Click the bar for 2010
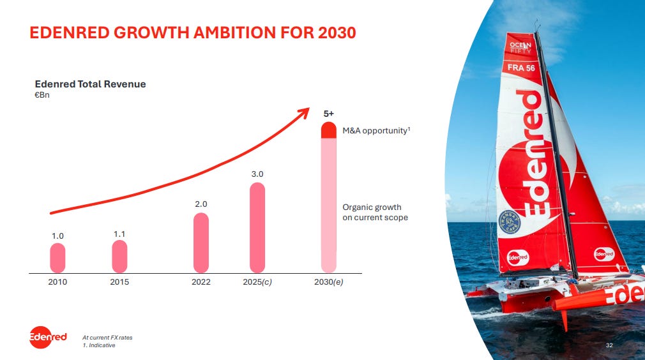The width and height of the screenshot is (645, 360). click(57, 258)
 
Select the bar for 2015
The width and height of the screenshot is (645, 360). click(119, 257)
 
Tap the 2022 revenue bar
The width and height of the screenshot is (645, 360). click(201, 243)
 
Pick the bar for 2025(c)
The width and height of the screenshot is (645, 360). click(257, 228)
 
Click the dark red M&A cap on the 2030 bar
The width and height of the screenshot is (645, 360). click(329, 130)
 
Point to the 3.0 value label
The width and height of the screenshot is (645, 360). click(257, 174)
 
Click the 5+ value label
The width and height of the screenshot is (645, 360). click(329, 114)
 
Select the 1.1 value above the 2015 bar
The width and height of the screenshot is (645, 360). click(119, 234)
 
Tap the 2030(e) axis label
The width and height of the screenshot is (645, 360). click(329, 282)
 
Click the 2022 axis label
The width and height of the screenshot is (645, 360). click(201, 282)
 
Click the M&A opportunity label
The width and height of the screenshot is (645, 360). click(376, 131)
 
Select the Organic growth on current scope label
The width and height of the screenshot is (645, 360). click(375, 213)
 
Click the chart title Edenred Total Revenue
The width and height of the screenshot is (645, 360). click(91, 84)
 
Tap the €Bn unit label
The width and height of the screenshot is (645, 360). click(42, 95)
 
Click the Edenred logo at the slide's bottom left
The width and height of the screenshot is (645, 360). click(48, 337)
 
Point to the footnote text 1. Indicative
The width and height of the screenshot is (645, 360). click(99, 345)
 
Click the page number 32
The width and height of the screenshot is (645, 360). click(609, 345)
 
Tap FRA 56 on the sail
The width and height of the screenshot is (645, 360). click(521, 68)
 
